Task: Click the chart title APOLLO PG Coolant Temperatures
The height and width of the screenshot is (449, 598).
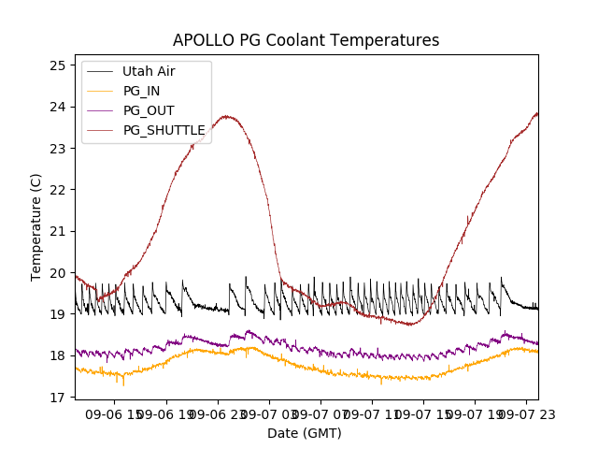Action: click(306, 41)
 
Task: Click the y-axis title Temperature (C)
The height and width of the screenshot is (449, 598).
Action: click(36, 227)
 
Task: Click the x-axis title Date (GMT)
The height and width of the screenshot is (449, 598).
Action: click(305, 433)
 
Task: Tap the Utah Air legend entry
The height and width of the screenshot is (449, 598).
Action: click(149, 71)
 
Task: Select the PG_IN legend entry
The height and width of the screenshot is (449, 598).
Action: click(141, 91)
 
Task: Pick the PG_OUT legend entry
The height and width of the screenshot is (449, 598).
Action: click(149, 110)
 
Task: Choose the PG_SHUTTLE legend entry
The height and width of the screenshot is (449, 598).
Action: click(164, 130)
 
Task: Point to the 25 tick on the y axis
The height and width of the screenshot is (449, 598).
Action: click(58, 65)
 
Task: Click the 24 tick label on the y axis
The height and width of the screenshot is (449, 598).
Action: click(58, 107)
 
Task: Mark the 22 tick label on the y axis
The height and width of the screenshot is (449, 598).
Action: click(58, 190)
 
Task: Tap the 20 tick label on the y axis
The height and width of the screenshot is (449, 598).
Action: click(58, 273)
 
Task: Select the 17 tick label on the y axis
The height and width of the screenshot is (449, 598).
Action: click(58, 398)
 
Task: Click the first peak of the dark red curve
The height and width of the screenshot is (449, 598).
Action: click(226, 116)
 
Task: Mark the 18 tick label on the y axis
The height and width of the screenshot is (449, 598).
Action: click(58, 356)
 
